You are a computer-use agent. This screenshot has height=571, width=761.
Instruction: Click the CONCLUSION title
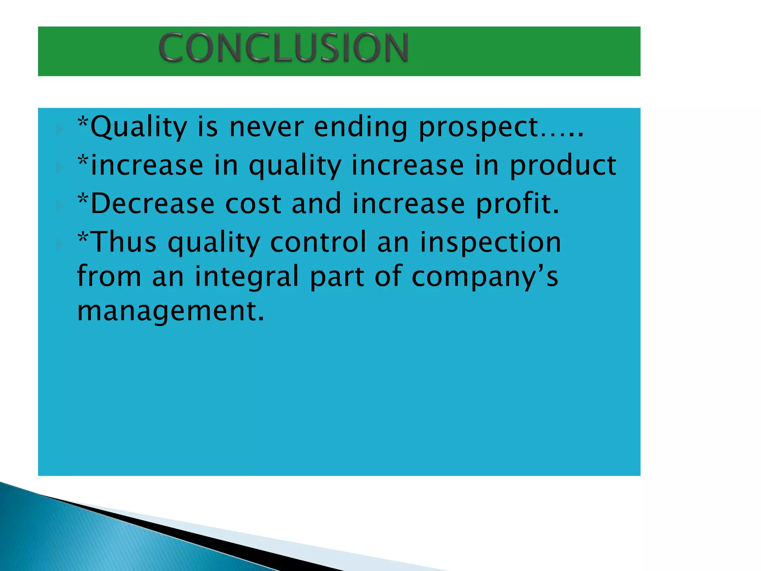click(x=284, y=48)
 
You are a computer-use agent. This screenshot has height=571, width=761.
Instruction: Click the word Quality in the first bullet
click(x=139, y=127)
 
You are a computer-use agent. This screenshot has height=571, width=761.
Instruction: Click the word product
click(x=563, y=165)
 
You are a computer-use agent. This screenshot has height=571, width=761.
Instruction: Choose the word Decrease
click(x=152, y=204)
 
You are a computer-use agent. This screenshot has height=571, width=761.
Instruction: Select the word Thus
click(x=123, y=242)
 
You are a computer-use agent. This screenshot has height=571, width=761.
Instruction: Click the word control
click(x=318, y=242)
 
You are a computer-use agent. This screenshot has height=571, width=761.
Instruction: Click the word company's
click(x=485, y=277)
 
